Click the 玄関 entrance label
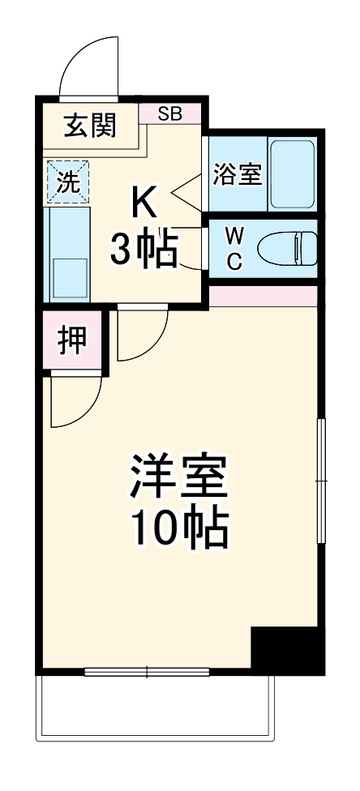pos(90,126)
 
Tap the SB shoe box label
pos(170,113)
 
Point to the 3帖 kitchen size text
pos(144,248)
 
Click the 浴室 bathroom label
pos(237,175)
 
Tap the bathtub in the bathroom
pos(293,174)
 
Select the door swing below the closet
pos(75,402)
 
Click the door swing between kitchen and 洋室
pos(141,335)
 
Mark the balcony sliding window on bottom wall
pos(147,671)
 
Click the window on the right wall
pos(321,483)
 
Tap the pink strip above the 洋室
pos(261,296)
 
